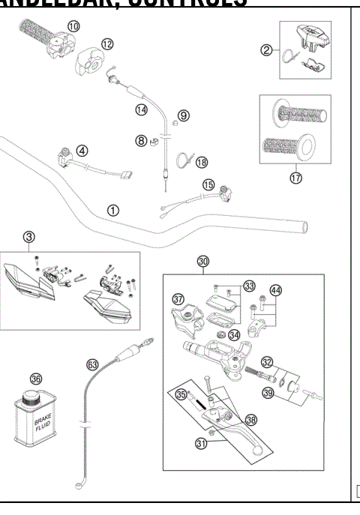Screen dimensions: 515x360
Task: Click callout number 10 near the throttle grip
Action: (x=73, y=27)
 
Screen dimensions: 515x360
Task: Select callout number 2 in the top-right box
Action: (x=265, y=50)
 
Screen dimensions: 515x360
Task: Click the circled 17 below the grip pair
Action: (x=295, y=178)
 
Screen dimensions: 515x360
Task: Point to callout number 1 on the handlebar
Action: (x=112, y=210)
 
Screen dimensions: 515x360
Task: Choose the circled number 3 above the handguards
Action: (x=29, y=238)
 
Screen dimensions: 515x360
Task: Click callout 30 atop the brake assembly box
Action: (x=202, y=261)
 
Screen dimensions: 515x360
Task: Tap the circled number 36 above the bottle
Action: (x=34, y=379)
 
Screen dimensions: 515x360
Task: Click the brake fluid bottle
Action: (x=37, y=431)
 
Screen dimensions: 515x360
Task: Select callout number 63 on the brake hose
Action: (x=92, y=364)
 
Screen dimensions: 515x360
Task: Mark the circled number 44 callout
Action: (x=276, y=291)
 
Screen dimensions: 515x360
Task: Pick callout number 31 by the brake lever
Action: (x=222, y=445)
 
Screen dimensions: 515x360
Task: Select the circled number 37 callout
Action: (x=178, y=299)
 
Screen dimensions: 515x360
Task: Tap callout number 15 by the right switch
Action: (x=208, y=184)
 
